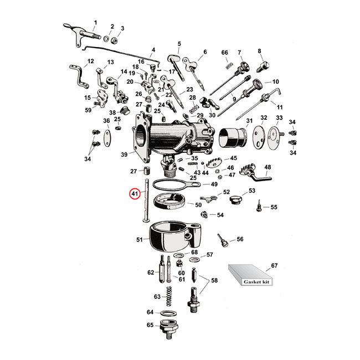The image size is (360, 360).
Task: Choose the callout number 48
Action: pyautogui.click(x=267, y=167)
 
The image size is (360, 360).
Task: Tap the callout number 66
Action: pyautogui.click(x=224, y=53)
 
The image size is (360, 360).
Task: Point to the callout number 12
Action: pyautogui.click(x=91, y=61)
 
